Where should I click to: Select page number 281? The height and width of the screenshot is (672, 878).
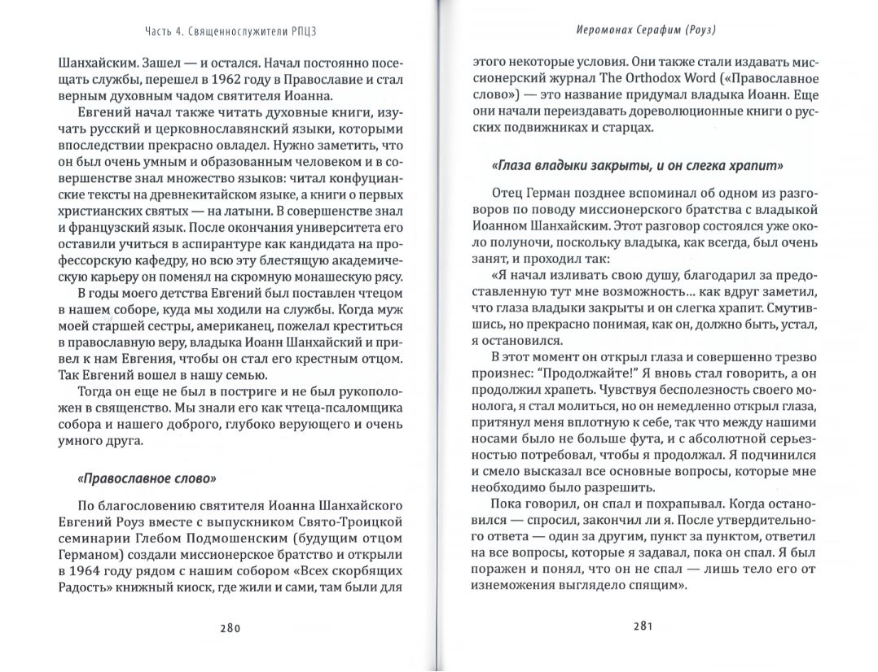pos(643,626)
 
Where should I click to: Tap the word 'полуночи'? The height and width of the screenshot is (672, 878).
pos(520,242)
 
